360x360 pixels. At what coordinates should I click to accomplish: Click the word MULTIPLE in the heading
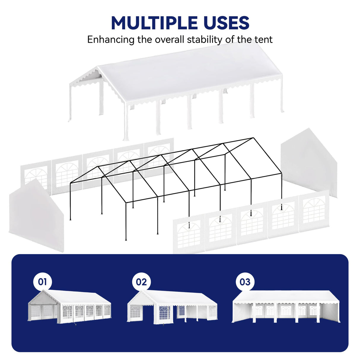154,23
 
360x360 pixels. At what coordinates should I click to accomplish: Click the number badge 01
42,281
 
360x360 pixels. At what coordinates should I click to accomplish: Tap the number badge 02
141,282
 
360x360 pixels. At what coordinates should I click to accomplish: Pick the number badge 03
245,282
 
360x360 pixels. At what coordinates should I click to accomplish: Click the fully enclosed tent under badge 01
70,307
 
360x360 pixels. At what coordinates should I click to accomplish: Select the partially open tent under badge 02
172,307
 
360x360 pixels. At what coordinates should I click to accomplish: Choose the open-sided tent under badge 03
286,307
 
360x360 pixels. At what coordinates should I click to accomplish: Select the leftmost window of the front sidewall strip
189,234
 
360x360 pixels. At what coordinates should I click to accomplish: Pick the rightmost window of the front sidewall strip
314,210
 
